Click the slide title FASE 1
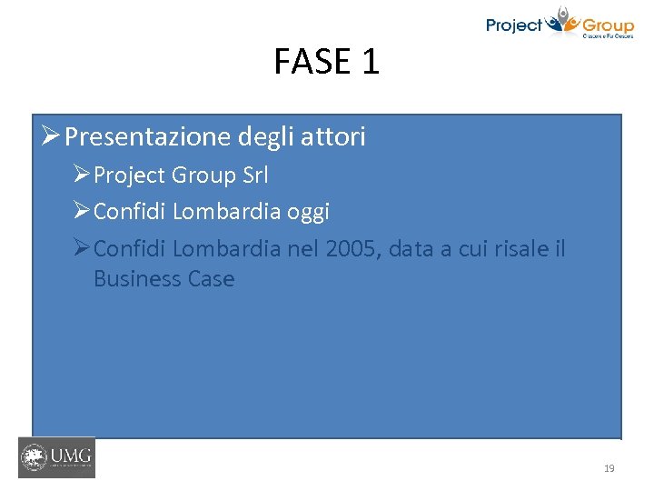tap(326, 62)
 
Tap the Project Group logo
tap(559, 24)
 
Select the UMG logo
tap(56, 457)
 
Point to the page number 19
tap(609, 468)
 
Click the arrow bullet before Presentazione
tap(51, 137)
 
